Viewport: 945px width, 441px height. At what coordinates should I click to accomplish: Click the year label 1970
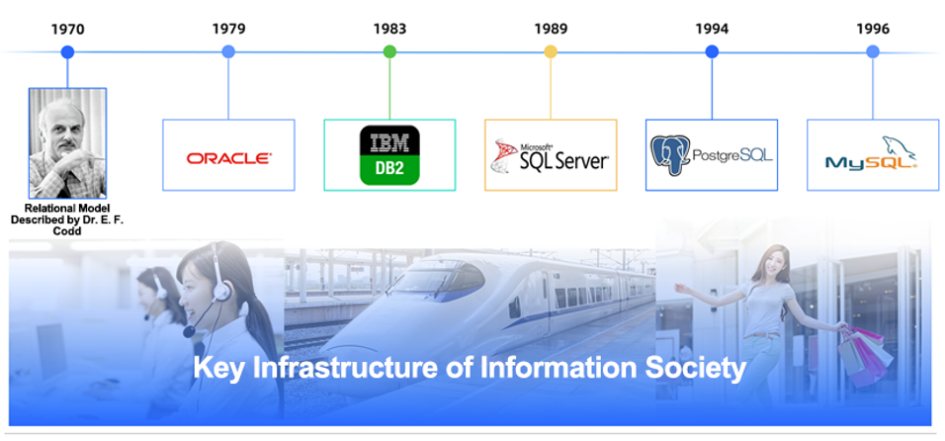[x=67, y=29]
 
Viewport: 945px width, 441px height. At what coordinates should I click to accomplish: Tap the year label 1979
[x=228, y=29]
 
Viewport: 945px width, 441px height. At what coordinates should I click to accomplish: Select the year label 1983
[x=389, y=29]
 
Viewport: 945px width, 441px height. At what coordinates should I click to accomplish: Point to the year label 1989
[x=551, y=29]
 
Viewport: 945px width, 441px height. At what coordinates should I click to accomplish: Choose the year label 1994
[x=712, y=29]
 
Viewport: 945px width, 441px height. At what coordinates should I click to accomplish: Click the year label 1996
[x=873, y=29]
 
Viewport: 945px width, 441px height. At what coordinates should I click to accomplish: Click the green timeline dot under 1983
[x=389, y=51]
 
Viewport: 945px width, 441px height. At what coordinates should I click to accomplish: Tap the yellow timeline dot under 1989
[x=551, y=51]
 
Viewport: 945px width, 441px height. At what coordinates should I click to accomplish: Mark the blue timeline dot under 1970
[x=67, y=51]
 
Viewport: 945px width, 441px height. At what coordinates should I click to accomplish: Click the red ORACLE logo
[x=228, y=157]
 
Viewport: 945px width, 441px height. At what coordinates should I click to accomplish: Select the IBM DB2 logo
[x=389, y=155]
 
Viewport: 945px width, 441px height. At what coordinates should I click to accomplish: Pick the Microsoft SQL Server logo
[x=551, y=156]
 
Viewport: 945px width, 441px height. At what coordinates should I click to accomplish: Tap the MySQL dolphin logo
[x=872, y=156]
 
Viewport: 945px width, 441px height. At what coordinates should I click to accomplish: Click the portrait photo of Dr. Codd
[x=67, y=142]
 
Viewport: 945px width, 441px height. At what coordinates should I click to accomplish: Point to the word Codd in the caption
[x=67, y=231]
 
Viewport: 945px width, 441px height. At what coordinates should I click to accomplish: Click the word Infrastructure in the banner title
[x=372, y=369]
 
